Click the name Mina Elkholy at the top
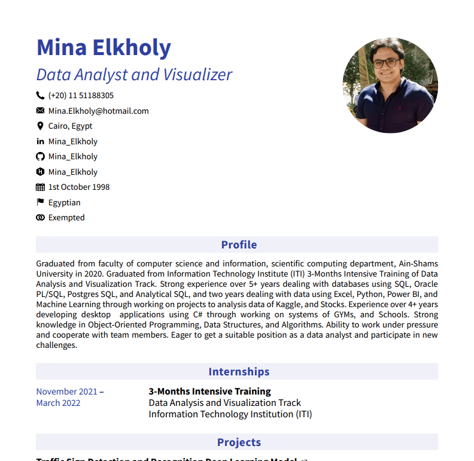click(104, 47)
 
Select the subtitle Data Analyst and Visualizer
click(134, 75)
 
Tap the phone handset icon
click(40, 95)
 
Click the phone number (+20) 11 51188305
click(81, 95)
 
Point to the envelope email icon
click(40, 111)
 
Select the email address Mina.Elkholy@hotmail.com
click(98, 111)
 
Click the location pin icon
click(40, 126)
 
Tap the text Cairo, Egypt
click(70, 126)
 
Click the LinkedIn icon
click(40, 141)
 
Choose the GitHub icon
click(40, 156)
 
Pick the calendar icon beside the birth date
click(40, 187)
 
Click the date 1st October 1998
click(78, 187)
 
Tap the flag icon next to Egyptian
click(40, 202)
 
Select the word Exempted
click(66, 217)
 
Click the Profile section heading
click(239, 244)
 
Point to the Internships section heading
click(239, 372)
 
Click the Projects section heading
click(239, 442)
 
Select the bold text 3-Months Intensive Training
click(209, 392)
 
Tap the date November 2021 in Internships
click(66, 392)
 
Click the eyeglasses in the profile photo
click(386, 62)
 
